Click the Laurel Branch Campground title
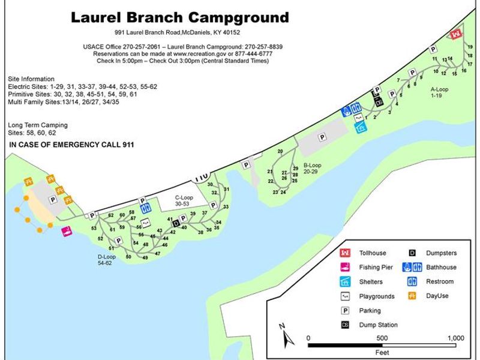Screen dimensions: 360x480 tap(179, 17)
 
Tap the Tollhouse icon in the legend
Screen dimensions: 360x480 tap(345, 253)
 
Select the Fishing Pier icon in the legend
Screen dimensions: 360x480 tap(345, 268)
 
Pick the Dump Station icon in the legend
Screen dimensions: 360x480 tap(345, 325)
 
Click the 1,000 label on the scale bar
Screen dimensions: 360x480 tap(455, 338)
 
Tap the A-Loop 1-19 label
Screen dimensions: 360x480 tap(439, 93)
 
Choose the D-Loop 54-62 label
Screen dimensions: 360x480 tap(107, 260)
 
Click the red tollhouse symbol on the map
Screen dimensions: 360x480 tap(455, 35)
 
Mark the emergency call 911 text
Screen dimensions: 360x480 tap(71, 145)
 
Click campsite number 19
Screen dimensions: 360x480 tap(470, 47)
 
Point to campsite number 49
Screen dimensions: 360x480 tap(145, 257)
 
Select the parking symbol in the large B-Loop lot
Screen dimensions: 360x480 tap(322, 137)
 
